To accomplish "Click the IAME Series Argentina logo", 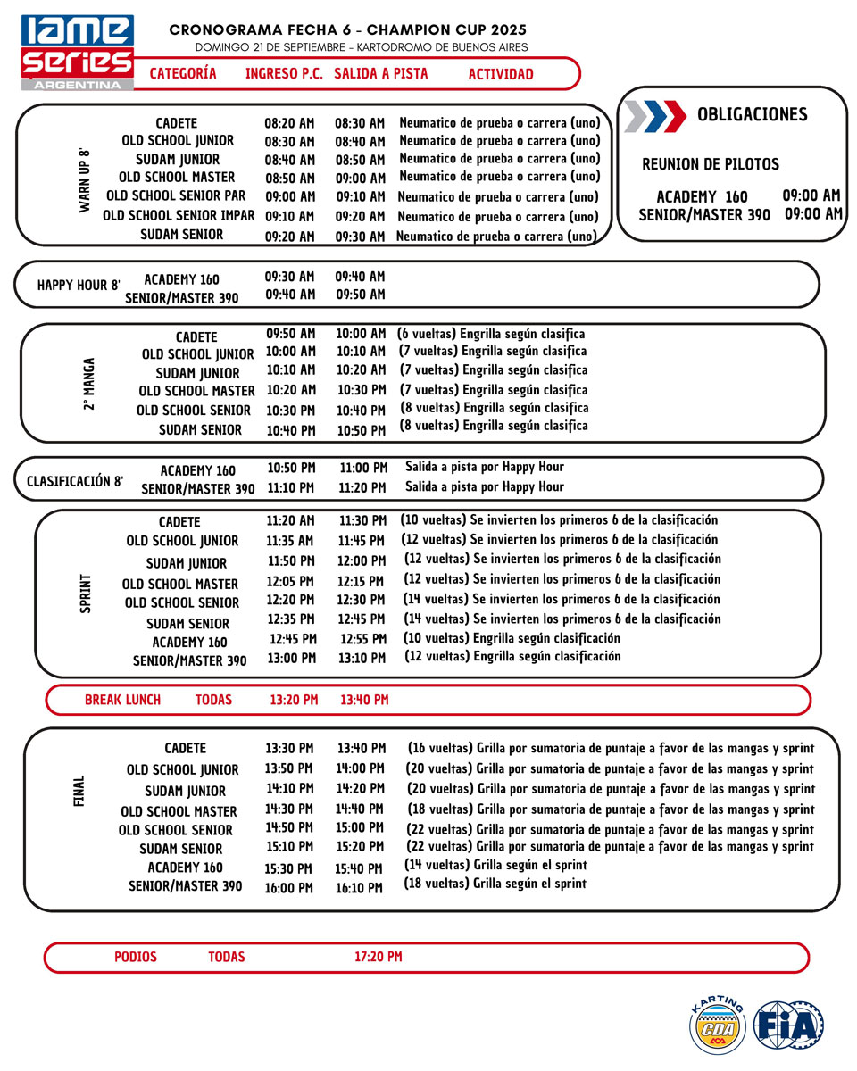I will pyautogui.click(x=78, y=52).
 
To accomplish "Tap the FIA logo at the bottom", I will pyautogui.click(x=788, y=1025).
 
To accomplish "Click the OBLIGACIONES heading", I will pyautogui.click(x=752, y=114).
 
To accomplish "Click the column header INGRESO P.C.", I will pyautogui.click(x=284, y=74).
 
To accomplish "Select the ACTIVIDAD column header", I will pyautogui.click(x=500, y=74).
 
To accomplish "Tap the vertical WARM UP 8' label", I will pyautogui.click(x=85, y=179).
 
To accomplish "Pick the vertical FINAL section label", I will pyautogui.click(x=79, y=792).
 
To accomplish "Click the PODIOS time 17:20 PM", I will pyautogui.click(x=378, y=957).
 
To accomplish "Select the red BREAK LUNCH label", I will pyautogui.click(x=122, y=700).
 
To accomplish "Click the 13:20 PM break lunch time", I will pyautogui.click(x=294, y=700).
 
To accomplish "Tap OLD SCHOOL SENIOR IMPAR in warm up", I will pyautogui.click(x=179, y=216).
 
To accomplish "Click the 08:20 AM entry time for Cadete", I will pyautogui.click(x=289, y=123).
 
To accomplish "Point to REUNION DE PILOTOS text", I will pyautogui.click(x=711, y=165).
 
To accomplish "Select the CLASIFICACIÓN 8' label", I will pyautogui.click(x=75, y=481).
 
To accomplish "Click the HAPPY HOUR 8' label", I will pyautogui.click(x=79, y=286).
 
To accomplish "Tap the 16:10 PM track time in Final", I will pyautogui.click(x=361, y=888).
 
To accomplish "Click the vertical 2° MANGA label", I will pyautogui.click(x=89, y=386).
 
